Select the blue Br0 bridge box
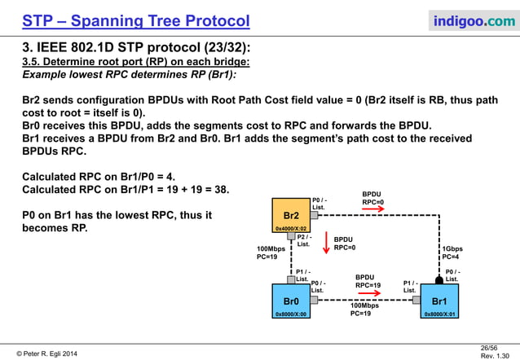point(291,302)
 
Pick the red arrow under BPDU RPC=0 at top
point(372,209)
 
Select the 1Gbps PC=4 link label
point(452,252)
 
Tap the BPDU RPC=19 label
point(368,281)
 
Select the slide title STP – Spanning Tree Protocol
point(135,20)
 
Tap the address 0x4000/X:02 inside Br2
point(291,230)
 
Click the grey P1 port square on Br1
point(425,299)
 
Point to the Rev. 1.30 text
point(496,355)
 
